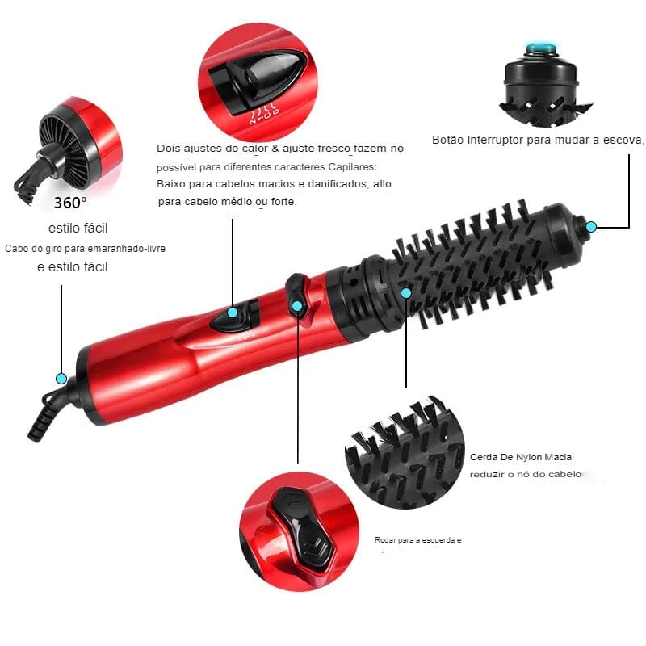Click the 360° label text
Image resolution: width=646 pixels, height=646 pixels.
tap(70, 202)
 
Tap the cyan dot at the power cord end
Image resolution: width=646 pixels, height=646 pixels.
tap(61, 377)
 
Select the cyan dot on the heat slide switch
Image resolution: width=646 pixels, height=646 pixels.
tap(233, 313)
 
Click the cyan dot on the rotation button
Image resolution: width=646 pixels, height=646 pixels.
tap(297, 306)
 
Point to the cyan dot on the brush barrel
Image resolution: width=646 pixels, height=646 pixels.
tap(406, 292)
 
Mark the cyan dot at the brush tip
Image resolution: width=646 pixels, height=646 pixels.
tap(591, 227)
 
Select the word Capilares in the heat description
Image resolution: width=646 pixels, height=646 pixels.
tap(356, 166)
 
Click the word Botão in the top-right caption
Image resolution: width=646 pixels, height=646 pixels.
tap(448, 140)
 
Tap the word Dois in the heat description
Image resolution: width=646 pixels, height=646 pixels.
tap(169, 149)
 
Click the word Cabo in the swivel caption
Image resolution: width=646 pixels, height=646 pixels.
tap(15, 248)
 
